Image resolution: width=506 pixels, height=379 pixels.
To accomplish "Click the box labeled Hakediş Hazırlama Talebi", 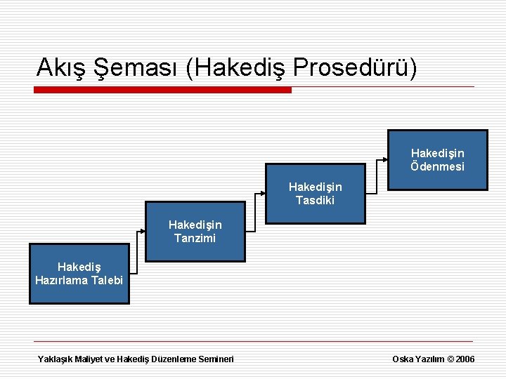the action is click(79, 274).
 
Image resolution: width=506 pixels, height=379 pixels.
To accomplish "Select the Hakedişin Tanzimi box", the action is click(195, 232).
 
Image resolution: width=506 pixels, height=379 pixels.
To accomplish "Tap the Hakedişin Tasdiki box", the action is click(315, 194).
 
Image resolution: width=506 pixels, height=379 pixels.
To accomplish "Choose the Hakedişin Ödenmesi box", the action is click(437, 160).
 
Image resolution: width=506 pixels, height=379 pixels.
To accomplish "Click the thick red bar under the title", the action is click(162, 90).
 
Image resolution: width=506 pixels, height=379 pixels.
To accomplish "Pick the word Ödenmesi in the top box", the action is click(437, 167).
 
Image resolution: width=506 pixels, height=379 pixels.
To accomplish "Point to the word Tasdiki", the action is click(315, 201).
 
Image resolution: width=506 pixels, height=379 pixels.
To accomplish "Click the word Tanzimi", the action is click(195, 239).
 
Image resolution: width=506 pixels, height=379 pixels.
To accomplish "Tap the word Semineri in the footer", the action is click(214, 359).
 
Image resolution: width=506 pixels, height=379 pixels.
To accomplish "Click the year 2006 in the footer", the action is click(465, 359).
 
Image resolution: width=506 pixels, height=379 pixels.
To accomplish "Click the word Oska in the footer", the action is click(403, 359).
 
